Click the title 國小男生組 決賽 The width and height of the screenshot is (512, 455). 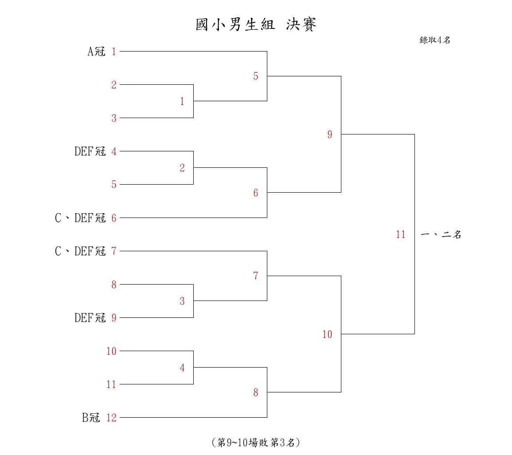[256, 24]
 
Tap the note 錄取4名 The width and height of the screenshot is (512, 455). [435, 40]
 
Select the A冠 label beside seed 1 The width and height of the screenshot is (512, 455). [96, 51]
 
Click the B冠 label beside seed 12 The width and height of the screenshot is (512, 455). [91, 417]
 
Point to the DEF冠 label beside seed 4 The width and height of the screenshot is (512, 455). [90, 151]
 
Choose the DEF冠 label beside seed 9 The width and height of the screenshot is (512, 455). [90, 318]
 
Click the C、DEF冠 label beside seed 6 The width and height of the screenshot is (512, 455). [80, 218]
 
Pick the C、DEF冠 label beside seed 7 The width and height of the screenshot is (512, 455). [80, 251]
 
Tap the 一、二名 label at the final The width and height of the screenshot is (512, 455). [441, 234]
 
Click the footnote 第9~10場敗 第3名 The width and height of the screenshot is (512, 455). [256, 443]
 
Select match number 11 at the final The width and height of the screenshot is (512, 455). [401, 234]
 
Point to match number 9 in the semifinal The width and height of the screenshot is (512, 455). [330, 135]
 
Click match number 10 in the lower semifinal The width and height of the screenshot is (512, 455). [327, 334]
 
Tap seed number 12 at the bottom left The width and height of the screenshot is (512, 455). [111, 417]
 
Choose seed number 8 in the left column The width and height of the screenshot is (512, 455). [114, 285]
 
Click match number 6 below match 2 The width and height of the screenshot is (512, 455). [256, 193]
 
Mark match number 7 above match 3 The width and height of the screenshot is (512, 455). [256, 276]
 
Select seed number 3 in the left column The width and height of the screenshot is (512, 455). [114, 118]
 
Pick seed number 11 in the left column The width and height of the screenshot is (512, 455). [111, 384]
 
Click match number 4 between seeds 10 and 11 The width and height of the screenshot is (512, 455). [182, 368]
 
